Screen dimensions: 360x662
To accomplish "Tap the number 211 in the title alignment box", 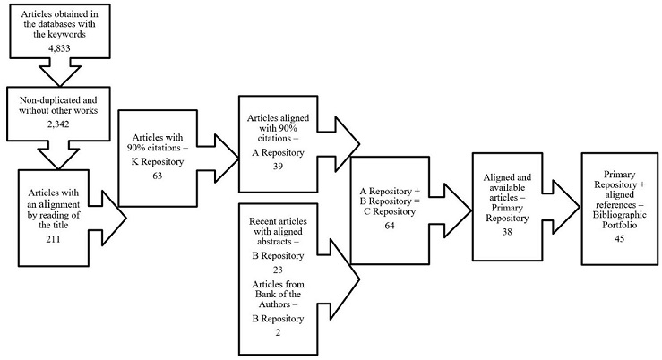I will coord(59,239).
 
